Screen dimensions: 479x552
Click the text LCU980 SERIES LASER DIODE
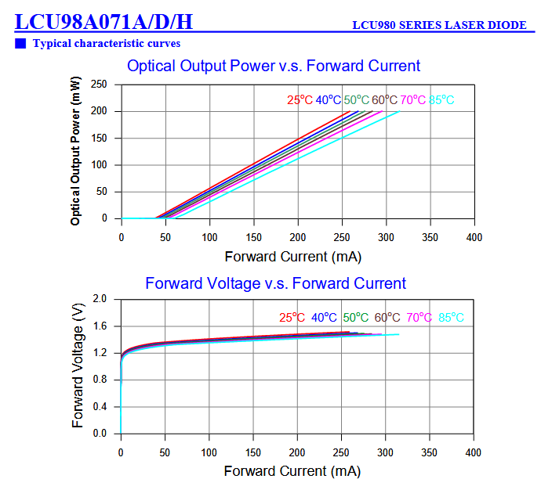(439, 25)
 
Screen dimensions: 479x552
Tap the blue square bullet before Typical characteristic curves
(20, 43)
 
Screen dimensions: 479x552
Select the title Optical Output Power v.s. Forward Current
(274, 66)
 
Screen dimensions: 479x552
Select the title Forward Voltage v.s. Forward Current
(276, 283)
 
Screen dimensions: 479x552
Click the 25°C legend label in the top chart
(300, 100)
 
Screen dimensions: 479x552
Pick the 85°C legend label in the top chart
(441, 100)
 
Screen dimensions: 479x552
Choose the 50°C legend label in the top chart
(356, 100)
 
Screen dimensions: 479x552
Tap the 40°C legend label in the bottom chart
(324, 318)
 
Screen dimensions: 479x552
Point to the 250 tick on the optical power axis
(100, 85)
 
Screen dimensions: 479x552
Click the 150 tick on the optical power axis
(100, 139)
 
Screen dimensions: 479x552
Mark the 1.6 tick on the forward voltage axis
(100, 326)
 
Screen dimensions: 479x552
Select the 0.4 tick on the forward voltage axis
(100, 407)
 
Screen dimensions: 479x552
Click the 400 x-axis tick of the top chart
(473, 236)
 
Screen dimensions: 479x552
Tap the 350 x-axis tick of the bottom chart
(429, 453)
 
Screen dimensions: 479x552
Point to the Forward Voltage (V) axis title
(78, 366)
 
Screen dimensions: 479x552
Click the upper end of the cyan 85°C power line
(399, 112)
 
